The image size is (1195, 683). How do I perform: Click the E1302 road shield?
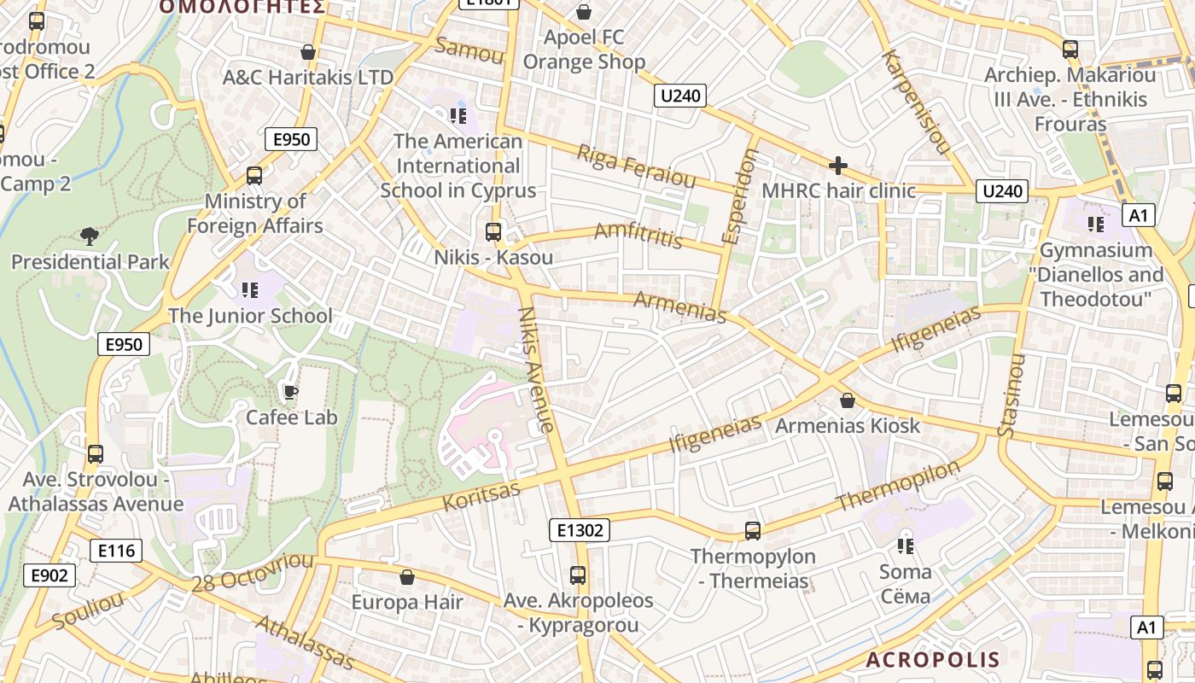click(x=580, y=530)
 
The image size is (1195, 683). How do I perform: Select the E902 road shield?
click(x=49, y=575)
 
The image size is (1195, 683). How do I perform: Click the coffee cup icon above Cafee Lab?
click(x=290, y=392)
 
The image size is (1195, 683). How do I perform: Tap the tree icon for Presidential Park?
click(x=89, y=236)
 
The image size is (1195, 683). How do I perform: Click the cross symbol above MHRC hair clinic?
click(x=838, y=166)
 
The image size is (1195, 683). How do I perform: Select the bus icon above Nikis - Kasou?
click(x=493, y=231)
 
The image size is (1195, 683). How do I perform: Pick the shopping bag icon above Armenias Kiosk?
click(x=848, y=400)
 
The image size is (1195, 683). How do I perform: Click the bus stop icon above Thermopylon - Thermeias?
click(x=753, y=530)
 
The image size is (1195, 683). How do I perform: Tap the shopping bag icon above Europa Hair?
click(x=407, y=577)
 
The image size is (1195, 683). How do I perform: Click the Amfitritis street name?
click(x=638, y=235)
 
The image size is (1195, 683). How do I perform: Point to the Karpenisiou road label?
click(x=917, y=102)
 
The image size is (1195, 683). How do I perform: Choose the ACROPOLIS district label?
click(x=932, y=660)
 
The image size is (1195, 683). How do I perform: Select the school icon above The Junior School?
click(x=249, y=290)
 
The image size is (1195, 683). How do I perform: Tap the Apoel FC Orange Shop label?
click(x=585, y=50)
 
